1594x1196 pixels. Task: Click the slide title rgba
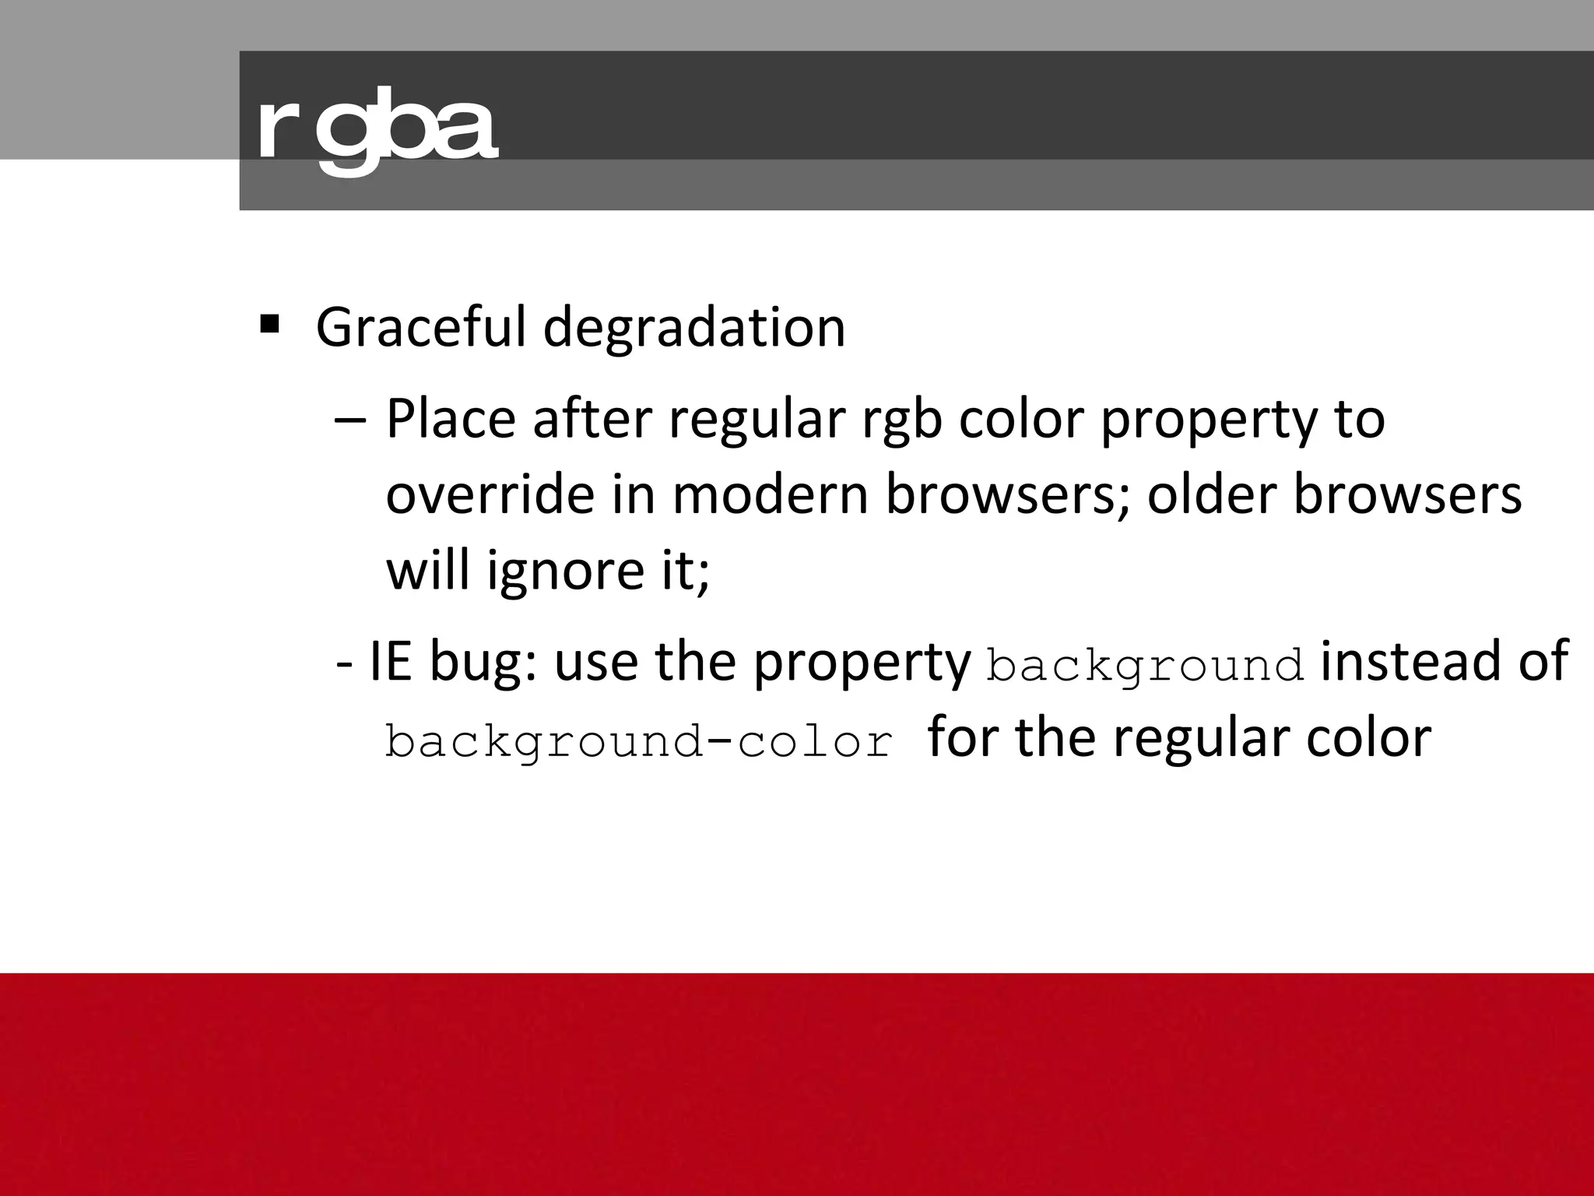tap(377, 131)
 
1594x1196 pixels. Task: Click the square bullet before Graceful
tap(269, 323)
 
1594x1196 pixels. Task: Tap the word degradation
tap(693, 327)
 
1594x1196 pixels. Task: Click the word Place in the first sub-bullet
tap(451, 419)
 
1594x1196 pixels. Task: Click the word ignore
tap(554, 572)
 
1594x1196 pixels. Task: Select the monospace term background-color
tap(638, 741)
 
